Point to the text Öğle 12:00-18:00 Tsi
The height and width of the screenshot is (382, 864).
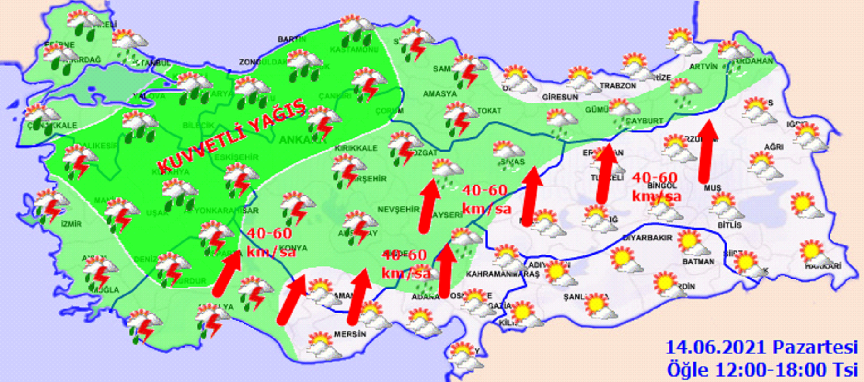point(762,369)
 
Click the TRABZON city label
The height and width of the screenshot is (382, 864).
point(618,86)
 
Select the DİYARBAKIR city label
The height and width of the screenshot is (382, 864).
point(647,237)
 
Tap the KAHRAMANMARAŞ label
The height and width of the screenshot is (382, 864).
point(503,274)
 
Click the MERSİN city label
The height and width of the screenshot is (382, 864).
point(350,334)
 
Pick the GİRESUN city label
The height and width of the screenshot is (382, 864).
point(560,97)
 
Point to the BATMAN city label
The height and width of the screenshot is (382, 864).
point(698,261)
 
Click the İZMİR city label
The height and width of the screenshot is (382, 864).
point(71,224)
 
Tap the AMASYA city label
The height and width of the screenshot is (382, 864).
point(439,94)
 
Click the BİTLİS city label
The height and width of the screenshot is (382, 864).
point(729,225)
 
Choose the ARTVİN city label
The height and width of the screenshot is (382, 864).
point(703,67)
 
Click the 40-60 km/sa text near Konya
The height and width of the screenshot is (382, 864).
point(270,242)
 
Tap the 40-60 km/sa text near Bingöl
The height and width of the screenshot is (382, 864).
point(656,186)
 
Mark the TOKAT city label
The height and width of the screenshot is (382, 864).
point(489,110)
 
